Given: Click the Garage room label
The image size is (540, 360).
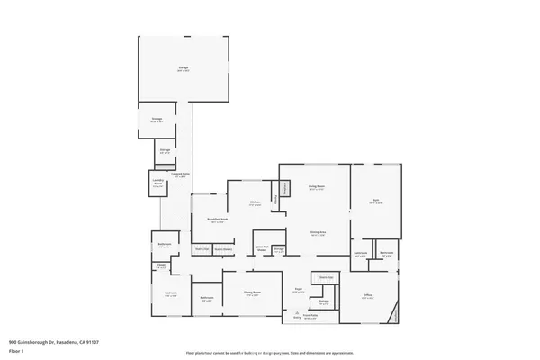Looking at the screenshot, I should tap(183, 67).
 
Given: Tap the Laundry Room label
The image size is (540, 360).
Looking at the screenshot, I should tap(157, 184).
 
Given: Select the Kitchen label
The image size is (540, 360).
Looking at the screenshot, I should tap(256, 202).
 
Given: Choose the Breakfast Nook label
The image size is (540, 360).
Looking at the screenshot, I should tap(216, 219).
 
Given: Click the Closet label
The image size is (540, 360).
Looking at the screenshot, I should tap(161, 265).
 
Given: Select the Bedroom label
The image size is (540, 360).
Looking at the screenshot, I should tap(171, 293).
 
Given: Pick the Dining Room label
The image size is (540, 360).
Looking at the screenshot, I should tap(252, 292).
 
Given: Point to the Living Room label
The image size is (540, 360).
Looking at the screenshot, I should tap(317, 187).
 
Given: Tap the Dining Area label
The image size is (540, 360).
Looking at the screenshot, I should tap(318, 231).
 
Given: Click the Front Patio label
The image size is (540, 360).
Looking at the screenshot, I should tap(311, 316).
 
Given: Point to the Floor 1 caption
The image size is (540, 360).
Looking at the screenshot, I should tap(15, 349).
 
